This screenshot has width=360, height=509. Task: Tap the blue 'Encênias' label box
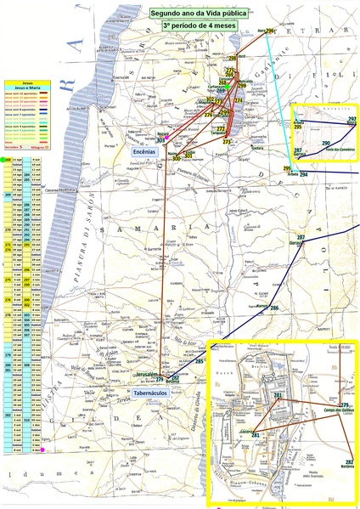[x=145, y=150]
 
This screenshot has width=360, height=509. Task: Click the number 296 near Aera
[x=270, y=31]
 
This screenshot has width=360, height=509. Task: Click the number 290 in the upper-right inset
[x=325, y=143]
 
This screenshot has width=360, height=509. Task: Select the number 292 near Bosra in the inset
[x=351, y=120]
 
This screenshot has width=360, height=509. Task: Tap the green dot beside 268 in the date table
[x=7, y=160]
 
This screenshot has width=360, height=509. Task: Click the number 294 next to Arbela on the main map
[x=303, y=174]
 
